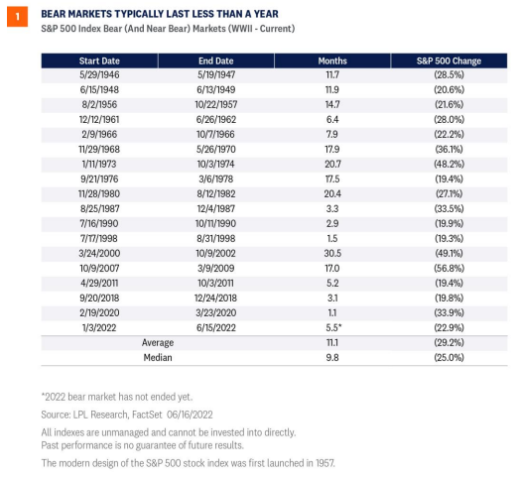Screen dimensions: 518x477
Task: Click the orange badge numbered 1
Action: click(17, 16)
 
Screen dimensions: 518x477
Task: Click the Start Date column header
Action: click(99, 60)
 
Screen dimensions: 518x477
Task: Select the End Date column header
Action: click(216, 60)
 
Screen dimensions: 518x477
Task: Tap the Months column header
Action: click(332, 60)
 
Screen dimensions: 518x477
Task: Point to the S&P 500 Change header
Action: click(449, 60)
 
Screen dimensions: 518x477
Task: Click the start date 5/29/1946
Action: click(99, 74)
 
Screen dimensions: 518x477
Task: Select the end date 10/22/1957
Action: click(216, 104)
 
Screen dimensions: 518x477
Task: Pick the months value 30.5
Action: click(332, 253)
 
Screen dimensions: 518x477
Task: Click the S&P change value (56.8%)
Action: click(449, 268)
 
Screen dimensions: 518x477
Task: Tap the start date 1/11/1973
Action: click(99, 164)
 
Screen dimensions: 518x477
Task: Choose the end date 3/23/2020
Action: click(216, 312)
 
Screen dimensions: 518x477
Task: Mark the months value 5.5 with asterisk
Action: click(333, 327)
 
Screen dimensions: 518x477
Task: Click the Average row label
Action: click(158, 343)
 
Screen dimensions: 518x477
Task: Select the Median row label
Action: click(158, 357)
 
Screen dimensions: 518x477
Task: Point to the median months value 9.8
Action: click(332, 357)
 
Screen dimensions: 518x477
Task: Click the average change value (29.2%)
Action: click(449, 342)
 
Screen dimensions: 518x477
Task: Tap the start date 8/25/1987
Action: click(99, 208)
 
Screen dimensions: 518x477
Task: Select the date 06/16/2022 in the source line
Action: click(190, 415)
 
